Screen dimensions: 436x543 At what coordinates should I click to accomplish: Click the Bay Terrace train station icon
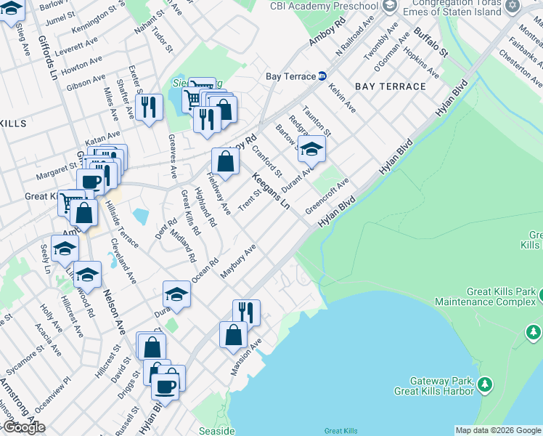322,76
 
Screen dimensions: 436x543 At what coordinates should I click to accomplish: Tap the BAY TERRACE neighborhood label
391,86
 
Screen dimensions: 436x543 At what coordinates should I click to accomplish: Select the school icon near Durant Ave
311,149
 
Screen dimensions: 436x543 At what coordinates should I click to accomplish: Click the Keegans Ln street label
271,191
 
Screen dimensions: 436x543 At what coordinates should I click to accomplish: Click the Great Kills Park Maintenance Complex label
484,296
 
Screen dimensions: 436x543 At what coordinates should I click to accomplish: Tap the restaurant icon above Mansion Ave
246,312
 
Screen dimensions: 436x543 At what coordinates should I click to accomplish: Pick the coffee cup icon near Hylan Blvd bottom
166,386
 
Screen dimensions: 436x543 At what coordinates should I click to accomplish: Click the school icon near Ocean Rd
176,294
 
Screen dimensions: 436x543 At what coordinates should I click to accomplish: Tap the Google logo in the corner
23,427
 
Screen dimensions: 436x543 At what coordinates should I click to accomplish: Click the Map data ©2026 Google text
497,430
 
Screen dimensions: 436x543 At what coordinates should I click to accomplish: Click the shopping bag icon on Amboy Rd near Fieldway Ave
226,161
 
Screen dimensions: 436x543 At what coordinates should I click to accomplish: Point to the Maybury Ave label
239,262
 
